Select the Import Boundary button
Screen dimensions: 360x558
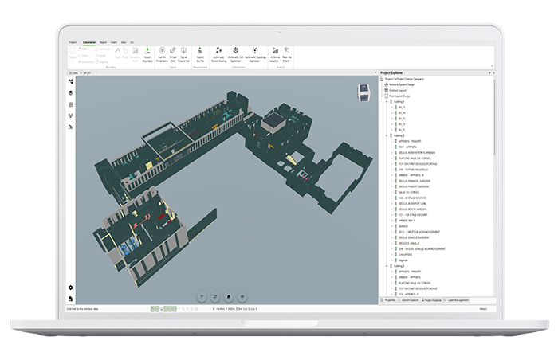[x=147, y=57]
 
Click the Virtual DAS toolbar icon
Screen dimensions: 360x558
[x=171, y=57]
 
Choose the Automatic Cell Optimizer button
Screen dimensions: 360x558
[x=235, y=57]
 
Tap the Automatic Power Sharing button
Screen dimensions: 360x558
[x=213, y=57]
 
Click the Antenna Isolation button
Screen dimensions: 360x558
[x=275, y=57]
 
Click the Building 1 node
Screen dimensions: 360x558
[x=398, y=102]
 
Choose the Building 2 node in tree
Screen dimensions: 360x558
[x=398, y=135]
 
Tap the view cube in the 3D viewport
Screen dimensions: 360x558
[x=366, y=91]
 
